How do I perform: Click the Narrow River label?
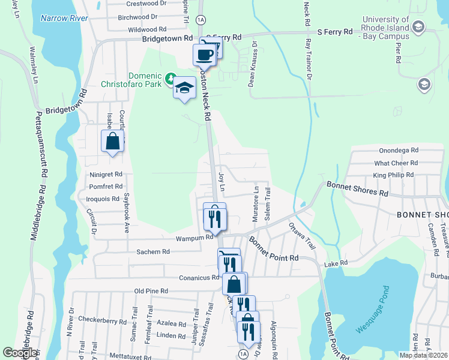pyautogui.click(x=64, y=18)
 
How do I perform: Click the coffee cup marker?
pyautogui.click(x=204, y=55)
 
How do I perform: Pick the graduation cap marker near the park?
pyautogui.click(x=185, y=89)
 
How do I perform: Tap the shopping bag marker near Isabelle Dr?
pyautogui.click(x=112, y=142)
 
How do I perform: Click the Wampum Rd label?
pyautogui.click(x=194, y=238)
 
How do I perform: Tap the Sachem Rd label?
pyautogui.click(x=153, y=252)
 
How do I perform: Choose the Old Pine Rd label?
pyautogui.click(x=151, y=291)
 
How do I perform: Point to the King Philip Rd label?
pyautogui.click(x=393, y=175)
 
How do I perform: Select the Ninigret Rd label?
pyautogui.click(x=106, y=175)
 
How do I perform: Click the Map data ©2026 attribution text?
pyautogui.click(x=423, y=355)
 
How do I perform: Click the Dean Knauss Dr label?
pyautogui.click(x=254, y=64)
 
